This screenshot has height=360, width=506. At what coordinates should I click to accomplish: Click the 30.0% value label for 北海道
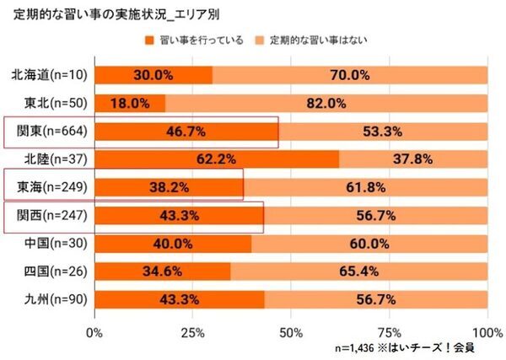tap(153, 75)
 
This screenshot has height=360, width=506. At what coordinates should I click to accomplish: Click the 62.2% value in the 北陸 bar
tap(216, 159)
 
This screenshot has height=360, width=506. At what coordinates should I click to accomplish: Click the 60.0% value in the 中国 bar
tap(369, 244)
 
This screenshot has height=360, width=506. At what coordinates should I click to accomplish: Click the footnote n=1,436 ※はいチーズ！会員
tap(404, 346)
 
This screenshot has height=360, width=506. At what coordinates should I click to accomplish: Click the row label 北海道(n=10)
tap(52, 75)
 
